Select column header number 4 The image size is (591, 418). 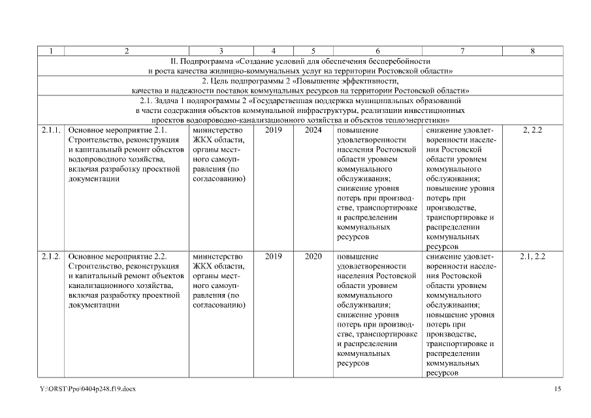[274, 51]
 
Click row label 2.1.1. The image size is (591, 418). [52, 131]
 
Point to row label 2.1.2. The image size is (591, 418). [52, 257]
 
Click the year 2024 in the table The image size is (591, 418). [313, 131]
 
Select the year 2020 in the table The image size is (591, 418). [313, 257]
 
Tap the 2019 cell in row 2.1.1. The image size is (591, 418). [274, 131]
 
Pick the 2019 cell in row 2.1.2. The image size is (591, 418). [274, 257]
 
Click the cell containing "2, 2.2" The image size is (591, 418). [532, 131]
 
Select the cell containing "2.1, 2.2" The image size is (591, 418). [532, 257]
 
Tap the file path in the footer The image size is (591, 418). [88, 389]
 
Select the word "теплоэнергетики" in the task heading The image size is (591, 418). [415, 120]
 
